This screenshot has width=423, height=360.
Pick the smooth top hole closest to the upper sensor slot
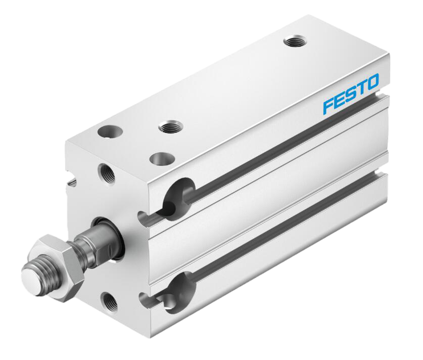(x=161, y=159)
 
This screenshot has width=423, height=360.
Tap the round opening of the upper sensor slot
(x=178, y=194)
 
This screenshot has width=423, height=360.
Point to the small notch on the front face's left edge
(x=74, y=178)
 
